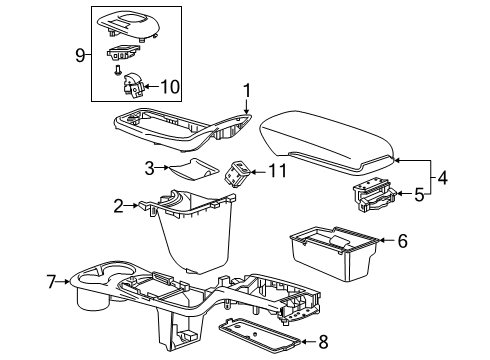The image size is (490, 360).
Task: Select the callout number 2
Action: pos(119,207)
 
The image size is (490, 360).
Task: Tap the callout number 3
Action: pos(148,169)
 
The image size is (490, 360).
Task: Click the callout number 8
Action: pos(321,342)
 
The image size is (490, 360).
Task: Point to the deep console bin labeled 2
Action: pos(195,235)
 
